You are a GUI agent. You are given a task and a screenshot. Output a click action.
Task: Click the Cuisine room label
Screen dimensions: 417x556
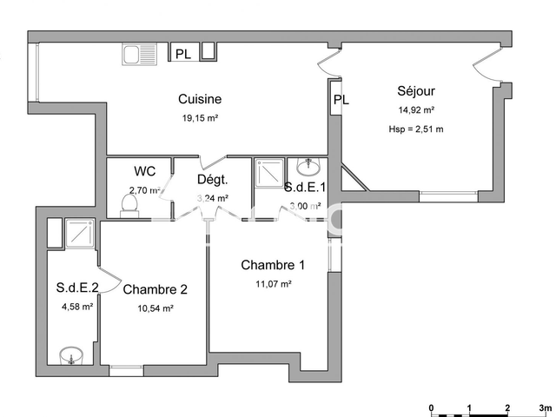coord(200,99)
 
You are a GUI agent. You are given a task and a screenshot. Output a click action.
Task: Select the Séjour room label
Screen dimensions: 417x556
coord(416,91)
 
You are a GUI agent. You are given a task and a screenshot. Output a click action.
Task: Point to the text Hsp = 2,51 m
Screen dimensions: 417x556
coord(416,129)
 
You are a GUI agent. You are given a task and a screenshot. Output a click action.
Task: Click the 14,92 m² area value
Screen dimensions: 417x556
coord(416,110)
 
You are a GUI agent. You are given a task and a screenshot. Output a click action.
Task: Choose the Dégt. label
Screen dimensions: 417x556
coord(212,180)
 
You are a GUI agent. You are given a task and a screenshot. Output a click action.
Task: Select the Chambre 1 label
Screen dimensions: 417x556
coord(273,266)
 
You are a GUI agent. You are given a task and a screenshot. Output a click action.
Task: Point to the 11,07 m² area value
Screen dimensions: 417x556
coord(273,284)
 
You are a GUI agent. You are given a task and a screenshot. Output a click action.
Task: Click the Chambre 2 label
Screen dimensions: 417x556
coord(156,289)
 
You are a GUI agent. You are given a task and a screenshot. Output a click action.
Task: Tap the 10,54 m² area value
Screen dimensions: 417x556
coord(156,308)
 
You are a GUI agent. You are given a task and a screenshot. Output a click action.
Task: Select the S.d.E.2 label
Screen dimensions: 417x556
coord(75,288)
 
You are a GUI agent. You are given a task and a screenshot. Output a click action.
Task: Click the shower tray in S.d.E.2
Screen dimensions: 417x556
coord(81,234)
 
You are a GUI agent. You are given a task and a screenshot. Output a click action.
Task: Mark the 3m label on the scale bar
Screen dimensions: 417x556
coord(545,407)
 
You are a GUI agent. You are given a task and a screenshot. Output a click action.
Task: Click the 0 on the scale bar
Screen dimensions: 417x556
coord(431,407)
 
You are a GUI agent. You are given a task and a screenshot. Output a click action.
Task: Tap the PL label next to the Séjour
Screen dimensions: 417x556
coord(341,100)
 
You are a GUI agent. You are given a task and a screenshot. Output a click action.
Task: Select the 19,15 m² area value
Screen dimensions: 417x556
coord(200,118)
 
